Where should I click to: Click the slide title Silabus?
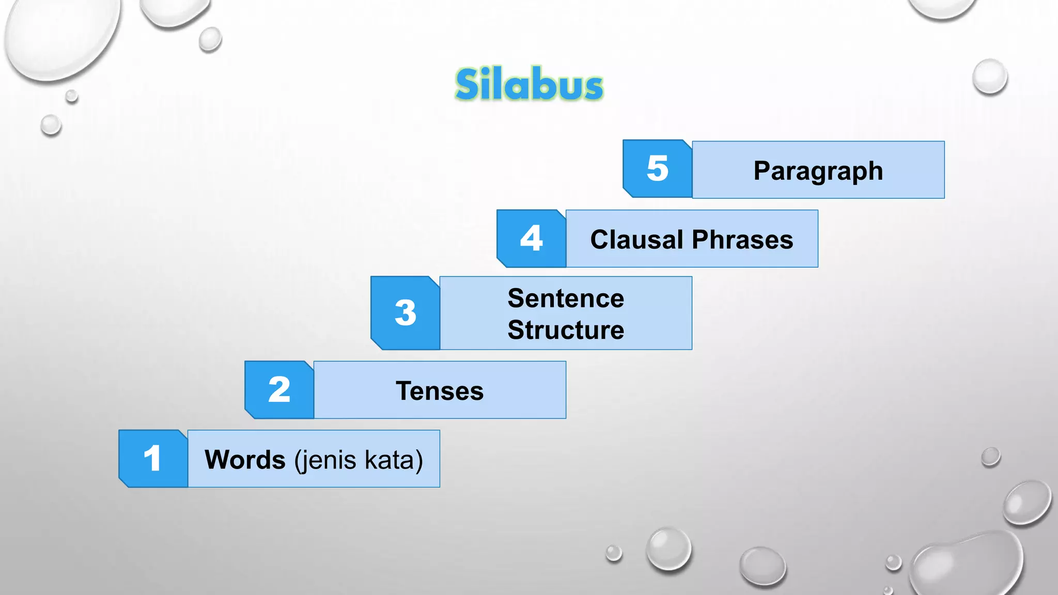click(x=529, y=84)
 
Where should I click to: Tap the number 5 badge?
click(x=657, y=168)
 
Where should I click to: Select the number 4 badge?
click(x=531, y=239)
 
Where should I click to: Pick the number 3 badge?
click(x=405, y=313)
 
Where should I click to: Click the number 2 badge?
click(x=279, y=389)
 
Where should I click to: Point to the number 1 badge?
click(x=153, y=459)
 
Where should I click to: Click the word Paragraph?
click(x=818, y=170)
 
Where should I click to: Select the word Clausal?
click(x=637, y=240)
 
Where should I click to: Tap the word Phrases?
click(x=742, y=240)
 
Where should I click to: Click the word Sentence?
click(x=566, y=298)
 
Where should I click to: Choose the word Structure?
click(x=566, y=330)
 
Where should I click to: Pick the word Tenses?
click(x=440, y=390)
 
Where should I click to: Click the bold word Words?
click(x=245, y=459)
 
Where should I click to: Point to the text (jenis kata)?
click(x=359, y=460)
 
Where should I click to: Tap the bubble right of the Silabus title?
click(x=990, y=76)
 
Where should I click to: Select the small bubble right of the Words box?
click(x=991, y=457)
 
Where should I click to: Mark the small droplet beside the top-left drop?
click(x=210, y=39)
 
